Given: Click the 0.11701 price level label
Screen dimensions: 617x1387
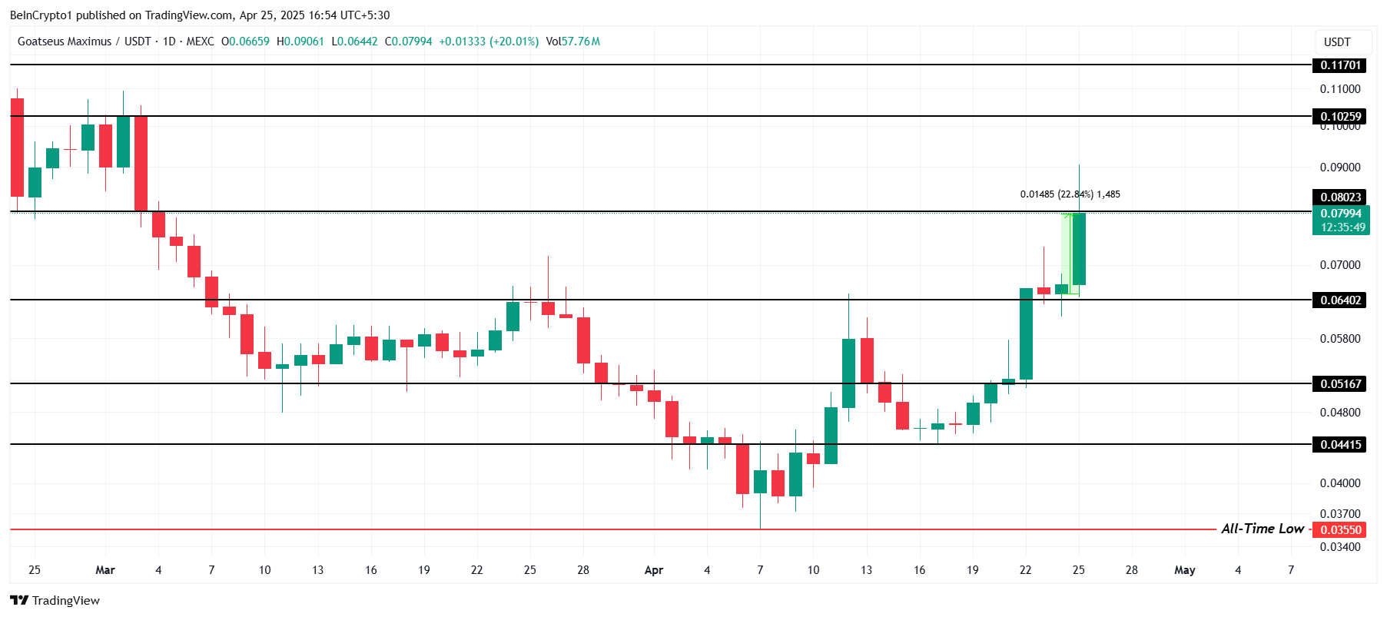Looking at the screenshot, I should tap(1339, 65).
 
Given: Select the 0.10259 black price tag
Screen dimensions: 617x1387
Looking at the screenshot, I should tap(1339, 117).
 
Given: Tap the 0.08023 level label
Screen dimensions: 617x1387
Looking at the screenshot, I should tap(1339, 197).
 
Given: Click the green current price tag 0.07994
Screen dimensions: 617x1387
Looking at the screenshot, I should tap(1340, 221).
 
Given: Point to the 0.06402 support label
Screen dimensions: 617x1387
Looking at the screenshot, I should tap(1339, 300).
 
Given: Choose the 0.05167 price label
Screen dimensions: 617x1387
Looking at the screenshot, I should tap(1339, 383).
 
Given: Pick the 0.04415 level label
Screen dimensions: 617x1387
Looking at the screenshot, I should tap(1339, 445).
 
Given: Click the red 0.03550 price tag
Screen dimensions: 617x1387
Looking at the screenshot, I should tap(1339, 530).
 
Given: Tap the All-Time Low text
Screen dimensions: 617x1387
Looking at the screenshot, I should tap(1262, 529).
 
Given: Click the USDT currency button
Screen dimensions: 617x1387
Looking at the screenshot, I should tap(1337, 42).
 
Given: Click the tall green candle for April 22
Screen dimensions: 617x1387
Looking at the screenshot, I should tap(1026, 334).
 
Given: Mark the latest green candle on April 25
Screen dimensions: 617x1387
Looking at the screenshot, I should tap(1079, 249).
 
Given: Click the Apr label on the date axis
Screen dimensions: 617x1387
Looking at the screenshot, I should tap(653, 570).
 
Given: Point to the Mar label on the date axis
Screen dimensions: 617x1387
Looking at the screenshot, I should tap(105, 570).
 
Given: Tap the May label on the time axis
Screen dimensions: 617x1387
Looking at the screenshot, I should tap(1184, 570).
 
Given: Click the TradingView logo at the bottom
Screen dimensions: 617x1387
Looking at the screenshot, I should tap(55, 601).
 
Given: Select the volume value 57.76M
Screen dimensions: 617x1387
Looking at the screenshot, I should tap(580, 41).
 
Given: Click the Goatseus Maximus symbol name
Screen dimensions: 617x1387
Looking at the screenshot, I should tap(65, 41).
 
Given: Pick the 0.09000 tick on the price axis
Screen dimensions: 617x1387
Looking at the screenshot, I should tap(1339, 168).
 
